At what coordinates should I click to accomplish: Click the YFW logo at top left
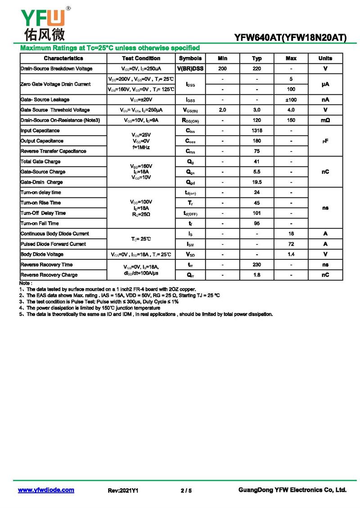click(43, 22)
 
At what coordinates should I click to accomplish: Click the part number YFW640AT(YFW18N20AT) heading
click(290, 38)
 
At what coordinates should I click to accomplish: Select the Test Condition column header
click(141, 58)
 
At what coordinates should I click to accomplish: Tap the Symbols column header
click(190, 58)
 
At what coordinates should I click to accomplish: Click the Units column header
click(325, 58)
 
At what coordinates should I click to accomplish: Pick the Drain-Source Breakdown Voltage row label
click(56, 69)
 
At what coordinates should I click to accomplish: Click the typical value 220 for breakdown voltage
click(257, 69)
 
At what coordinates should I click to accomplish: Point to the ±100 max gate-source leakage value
click(291, 100)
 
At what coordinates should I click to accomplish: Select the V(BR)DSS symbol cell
click(190, 69)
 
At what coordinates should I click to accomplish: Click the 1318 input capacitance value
click(257, 131)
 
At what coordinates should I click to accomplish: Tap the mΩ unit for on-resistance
click(325, 120)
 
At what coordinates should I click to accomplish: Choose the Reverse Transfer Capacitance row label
click(53, 152)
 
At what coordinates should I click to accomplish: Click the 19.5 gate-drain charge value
click(257, 183)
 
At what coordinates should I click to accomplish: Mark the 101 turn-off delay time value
click(257, 213)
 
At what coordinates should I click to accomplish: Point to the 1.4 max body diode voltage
click(291, 254)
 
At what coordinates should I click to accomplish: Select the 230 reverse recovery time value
click(257, 265)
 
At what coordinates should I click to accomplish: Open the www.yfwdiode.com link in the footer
click(46, 490)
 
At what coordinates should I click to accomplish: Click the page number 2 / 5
click(186, 490)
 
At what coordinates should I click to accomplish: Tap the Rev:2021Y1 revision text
click(123, 490)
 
